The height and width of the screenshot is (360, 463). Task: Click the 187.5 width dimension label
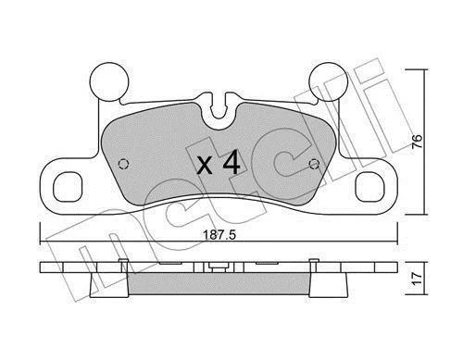click(219, 235)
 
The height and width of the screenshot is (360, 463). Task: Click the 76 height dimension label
click(417, 142)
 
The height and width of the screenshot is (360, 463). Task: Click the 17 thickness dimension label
click(417, 279)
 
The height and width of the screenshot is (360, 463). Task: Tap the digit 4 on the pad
click(231, 162)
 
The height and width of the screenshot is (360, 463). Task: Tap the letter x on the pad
click(205, 166)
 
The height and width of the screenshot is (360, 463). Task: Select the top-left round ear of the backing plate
click(109, 81)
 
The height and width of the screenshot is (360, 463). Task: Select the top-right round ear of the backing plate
click(329, 81)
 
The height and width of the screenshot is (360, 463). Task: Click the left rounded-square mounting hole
click(68, 187)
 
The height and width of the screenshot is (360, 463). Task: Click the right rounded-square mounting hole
click(370, 187)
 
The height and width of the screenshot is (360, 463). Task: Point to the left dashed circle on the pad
click(124, 164)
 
